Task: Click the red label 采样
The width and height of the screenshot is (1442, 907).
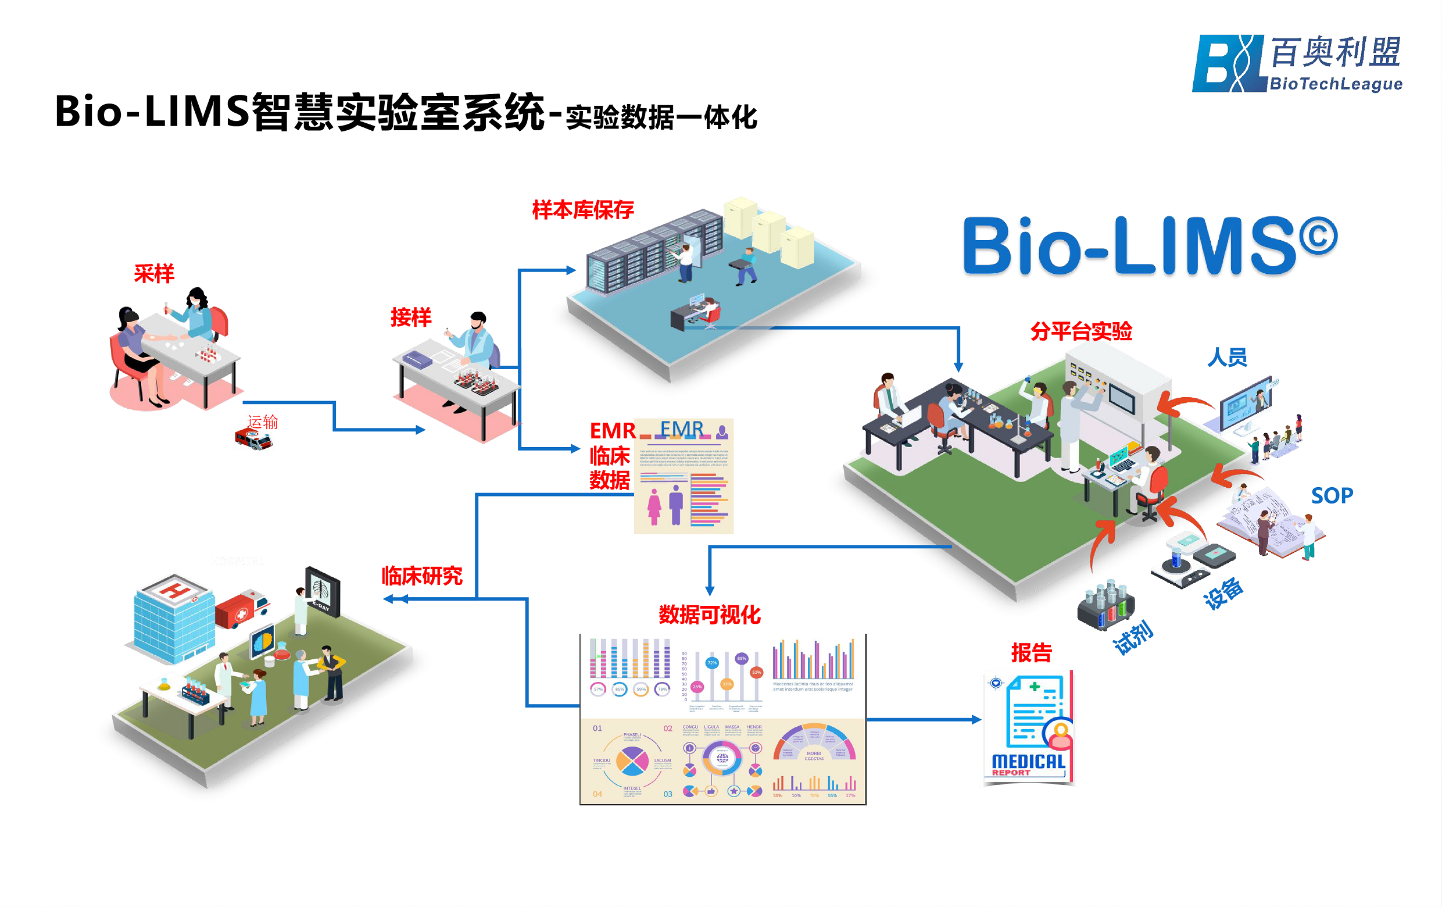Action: [154, 274]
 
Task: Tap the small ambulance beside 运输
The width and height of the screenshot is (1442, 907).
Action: [253, 439]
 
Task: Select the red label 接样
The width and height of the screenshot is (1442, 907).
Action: [411, 317]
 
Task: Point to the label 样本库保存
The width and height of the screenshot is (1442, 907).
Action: [582, 210]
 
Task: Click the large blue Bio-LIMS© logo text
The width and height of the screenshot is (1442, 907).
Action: [1148, 246]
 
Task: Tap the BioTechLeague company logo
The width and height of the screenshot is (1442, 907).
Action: [1297, 63]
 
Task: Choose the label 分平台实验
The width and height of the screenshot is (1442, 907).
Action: [1081, 331]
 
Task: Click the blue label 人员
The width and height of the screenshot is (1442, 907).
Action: [1227, 358]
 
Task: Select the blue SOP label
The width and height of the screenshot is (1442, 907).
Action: [1332, 495]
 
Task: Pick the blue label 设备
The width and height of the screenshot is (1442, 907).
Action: [1223, 592]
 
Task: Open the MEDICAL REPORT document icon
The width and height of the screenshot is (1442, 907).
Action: [1029, 729]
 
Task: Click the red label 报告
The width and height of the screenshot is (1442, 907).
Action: [1031, 652]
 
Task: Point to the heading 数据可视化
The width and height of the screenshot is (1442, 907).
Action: [710, 615]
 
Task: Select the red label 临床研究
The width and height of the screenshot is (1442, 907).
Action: [422, 576]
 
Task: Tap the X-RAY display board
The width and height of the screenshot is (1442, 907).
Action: [323, 592]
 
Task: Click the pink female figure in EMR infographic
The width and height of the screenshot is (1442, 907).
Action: [654, 507]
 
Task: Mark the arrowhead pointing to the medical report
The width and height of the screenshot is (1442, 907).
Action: [976, 719]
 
